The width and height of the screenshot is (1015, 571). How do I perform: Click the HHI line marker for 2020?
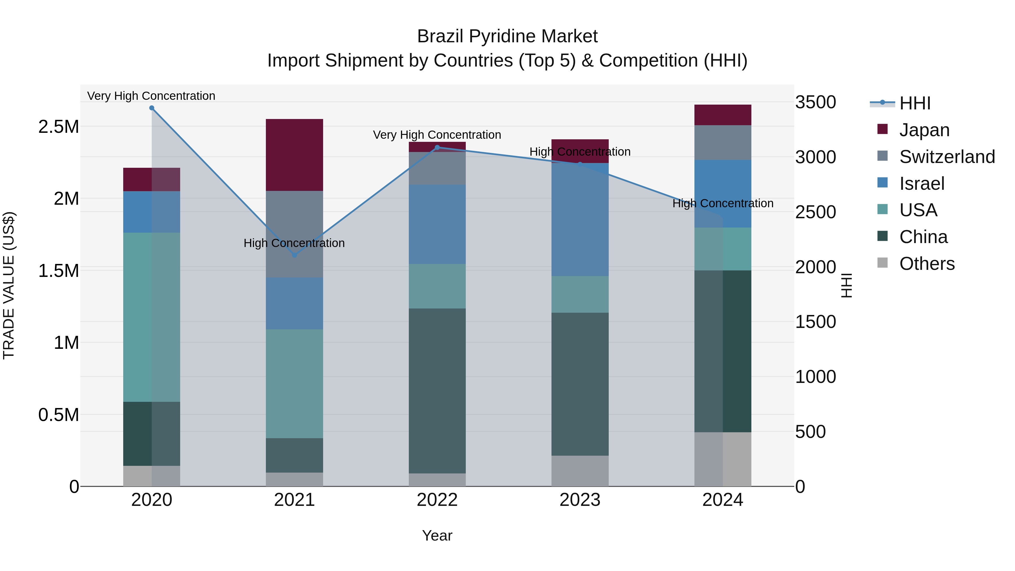[152, 108]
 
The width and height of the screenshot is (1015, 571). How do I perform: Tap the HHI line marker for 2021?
[294, 255]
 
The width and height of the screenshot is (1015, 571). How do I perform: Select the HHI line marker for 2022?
[437, 148]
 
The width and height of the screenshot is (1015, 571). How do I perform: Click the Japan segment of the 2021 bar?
[294, 155]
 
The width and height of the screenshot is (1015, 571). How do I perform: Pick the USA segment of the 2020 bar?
[152, 317]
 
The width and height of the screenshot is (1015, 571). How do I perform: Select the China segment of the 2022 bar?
[437, 391]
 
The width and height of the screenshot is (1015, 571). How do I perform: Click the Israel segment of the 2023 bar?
[580, 219]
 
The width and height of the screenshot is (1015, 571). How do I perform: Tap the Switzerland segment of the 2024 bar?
[723, 143]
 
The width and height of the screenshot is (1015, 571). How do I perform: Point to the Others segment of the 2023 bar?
[580, 471]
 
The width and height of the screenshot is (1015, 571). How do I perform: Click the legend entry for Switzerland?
[946, 157]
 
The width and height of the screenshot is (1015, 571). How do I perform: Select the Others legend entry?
[926, 264]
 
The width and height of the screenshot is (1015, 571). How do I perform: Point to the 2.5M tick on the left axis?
[58, 127]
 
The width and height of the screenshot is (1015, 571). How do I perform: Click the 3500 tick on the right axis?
[815, 102]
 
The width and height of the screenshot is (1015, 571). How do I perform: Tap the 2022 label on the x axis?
[437, 500]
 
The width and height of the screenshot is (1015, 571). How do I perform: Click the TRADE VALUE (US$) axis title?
[9, 286]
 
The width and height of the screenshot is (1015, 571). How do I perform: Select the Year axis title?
[437, 535]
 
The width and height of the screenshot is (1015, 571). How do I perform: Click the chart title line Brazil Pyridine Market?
[507, 36]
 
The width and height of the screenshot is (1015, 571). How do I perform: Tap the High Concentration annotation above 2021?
[294, 243]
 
